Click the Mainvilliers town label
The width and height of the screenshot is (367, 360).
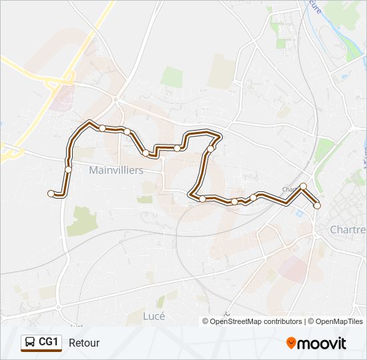116,170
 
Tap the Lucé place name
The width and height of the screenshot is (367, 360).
153,316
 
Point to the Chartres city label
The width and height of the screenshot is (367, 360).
348,229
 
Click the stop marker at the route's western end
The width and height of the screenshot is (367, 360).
51,193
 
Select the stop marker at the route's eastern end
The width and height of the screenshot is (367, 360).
317,206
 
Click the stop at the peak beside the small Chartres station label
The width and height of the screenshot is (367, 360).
303,186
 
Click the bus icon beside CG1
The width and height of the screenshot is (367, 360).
30,343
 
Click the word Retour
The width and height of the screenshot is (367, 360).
84,343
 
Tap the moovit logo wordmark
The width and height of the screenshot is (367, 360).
322,343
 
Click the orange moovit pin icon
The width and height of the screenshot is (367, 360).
291,343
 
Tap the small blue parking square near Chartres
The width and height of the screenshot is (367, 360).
299,213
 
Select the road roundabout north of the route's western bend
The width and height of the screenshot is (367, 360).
115,99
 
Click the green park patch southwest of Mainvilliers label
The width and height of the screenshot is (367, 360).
82,221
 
